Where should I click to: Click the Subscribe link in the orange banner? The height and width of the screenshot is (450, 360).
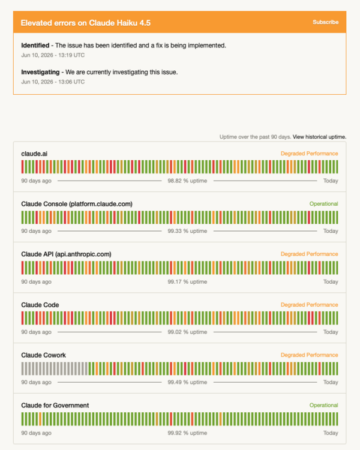tap(326, 22)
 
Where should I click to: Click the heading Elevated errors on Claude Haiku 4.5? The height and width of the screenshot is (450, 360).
tap(86, 23)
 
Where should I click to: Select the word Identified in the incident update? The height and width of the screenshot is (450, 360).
tap(35, 46)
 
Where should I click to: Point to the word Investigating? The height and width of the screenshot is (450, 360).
tap(40, 72)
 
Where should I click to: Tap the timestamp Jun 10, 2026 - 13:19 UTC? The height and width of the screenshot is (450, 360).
tap(53, 55)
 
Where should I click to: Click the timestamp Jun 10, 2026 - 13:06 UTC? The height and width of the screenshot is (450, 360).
tap(53, 82)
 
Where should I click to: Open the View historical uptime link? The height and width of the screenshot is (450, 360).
tap(320, 137)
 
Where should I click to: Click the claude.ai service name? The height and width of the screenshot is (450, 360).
tap(34, 154)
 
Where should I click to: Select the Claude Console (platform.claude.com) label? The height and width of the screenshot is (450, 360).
tap(77, 204)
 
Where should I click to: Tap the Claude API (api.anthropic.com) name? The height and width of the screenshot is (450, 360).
tap(66, 254)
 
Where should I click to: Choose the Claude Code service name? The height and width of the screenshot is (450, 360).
tap(40, 305)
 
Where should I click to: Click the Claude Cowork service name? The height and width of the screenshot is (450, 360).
tap(43, 355)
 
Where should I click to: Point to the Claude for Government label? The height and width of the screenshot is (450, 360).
tap(55, 406)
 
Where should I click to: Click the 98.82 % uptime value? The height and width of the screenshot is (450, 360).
tap(187, 181)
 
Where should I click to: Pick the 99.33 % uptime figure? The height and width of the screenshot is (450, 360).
tap(187, 231)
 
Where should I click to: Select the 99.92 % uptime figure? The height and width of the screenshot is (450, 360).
tap(187, 433)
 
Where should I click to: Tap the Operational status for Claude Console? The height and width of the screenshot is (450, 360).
tap(323, 204)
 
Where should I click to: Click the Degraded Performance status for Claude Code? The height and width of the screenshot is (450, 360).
tap(309, 305)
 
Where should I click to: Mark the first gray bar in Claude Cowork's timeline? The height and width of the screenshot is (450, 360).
tap(22, 369)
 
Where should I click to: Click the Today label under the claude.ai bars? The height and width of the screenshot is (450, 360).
tap(331, 181)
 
